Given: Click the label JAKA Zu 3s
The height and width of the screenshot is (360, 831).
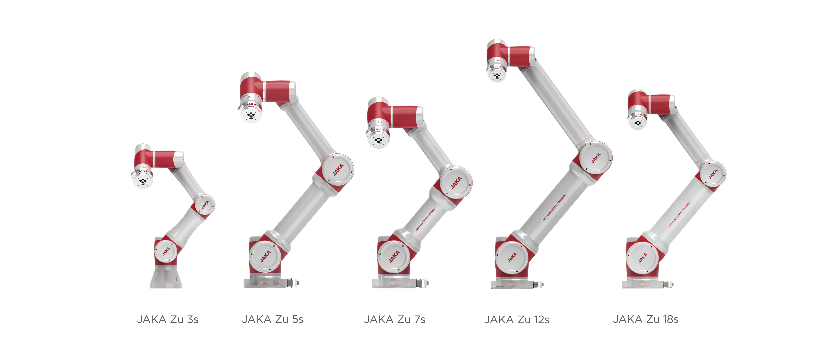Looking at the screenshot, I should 167,319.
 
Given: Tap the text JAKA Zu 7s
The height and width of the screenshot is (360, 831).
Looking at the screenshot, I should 395,319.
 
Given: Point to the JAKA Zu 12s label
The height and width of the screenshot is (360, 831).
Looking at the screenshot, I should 517,319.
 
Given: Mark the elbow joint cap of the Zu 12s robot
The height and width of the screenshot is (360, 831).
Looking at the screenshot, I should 595,158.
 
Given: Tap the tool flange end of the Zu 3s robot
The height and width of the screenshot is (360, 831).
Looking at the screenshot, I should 143,181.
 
